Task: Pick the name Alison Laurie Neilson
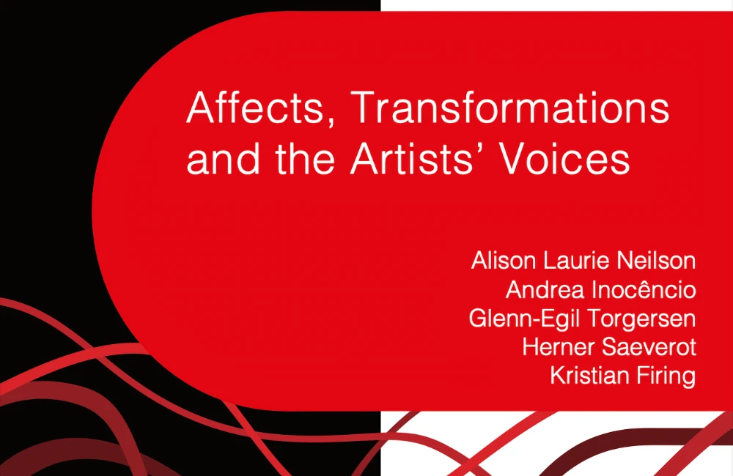click(583, 261)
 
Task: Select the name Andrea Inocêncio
click(600, 290)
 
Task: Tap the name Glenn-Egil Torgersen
click(582, 319)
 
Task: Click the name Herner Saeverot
click(608, 347)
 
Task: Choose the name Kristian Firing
click(622, 376)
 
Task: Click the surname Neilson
click(660, 261)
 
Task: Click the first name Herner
click(556, 347)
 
